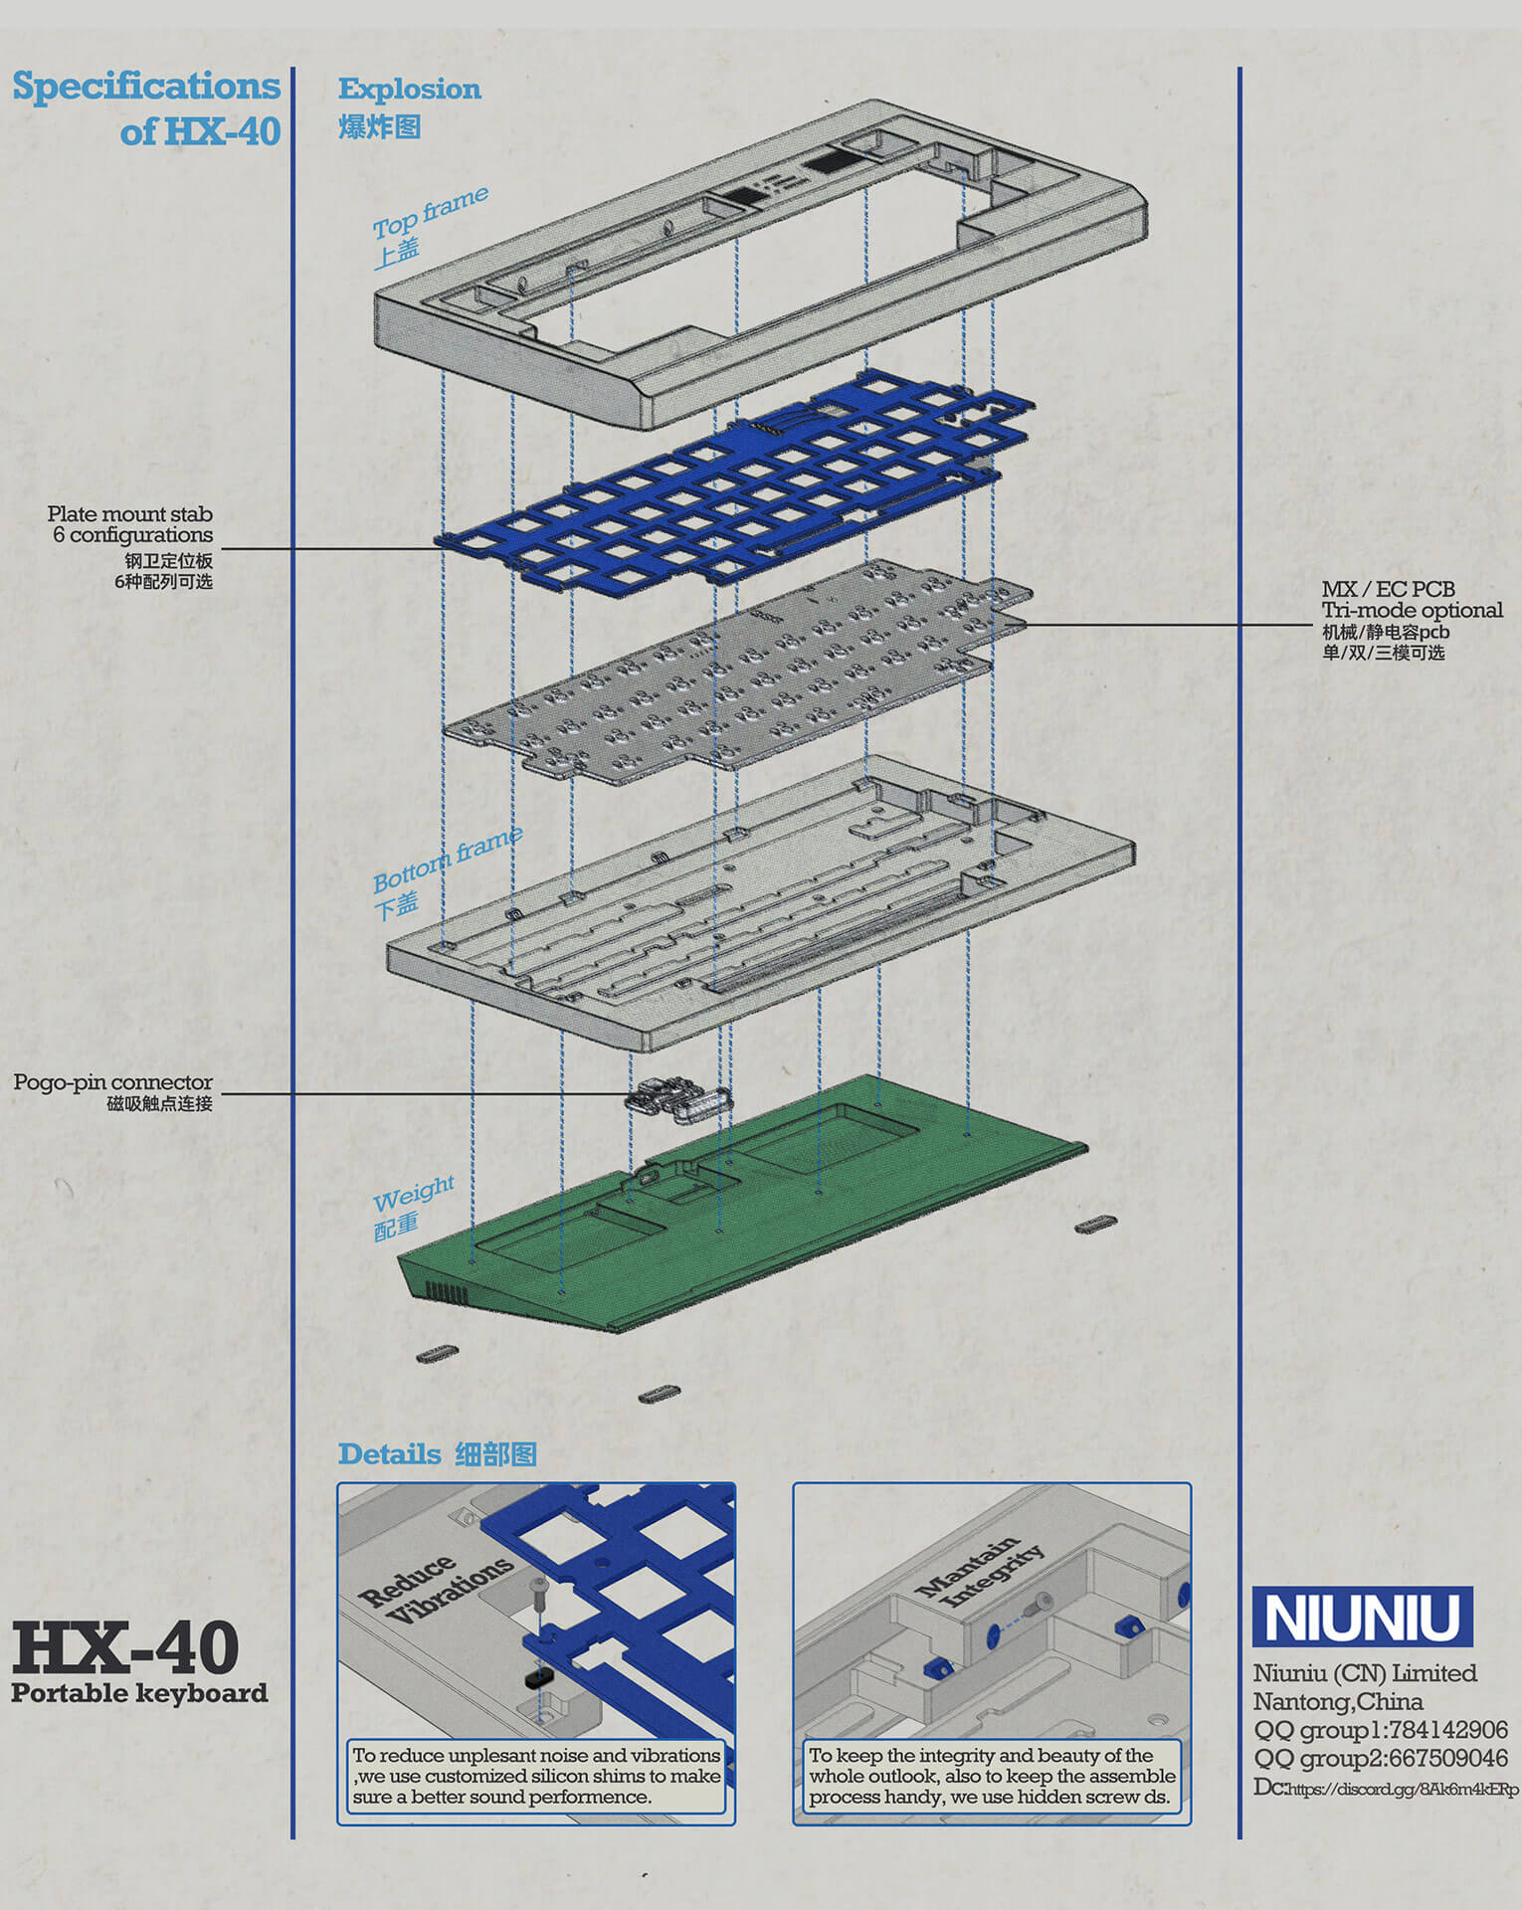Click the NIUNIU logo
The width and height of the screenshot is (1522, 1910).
[1362, 1617]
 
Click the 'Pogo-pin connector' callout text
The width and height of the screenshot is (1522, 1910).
[112, 1081]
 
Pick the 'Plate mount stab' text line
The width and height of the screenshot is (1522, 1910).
[129, 513]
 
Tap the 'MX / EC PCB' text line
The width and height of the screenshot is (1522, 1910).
[1388, 589]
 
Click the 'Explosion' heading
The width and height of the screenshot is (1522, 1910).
[409, 89]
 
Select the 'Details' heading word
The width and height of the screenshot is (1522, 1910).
[389, 1453]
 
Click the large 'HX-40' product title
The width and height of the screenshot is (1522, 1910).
[125, 1646]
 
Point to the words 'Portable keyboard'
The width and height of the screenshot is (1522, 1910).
[139, 1692]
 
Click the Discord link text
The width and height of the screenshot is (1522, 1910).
[1386, 1788]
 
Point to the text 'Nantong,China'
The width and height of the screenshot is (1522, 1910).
[1338, 1701]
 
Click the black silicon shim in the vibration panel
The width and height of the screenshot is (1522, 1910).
[539, 1677]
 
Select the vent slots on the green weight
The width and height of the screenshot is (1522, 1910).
[445, 1292]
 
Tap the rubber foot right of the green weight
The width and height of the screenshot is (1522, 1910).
[1095, 1224]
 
